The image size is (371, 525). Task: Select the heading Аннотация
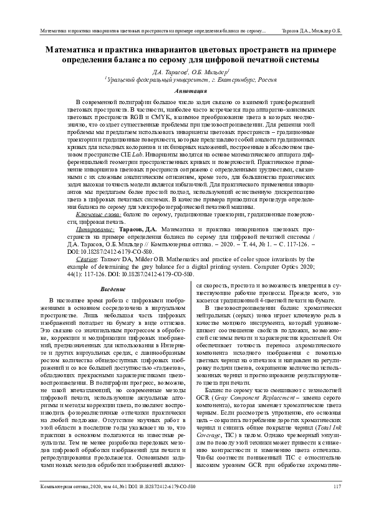pyautogui.click(x=186, y=90)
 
